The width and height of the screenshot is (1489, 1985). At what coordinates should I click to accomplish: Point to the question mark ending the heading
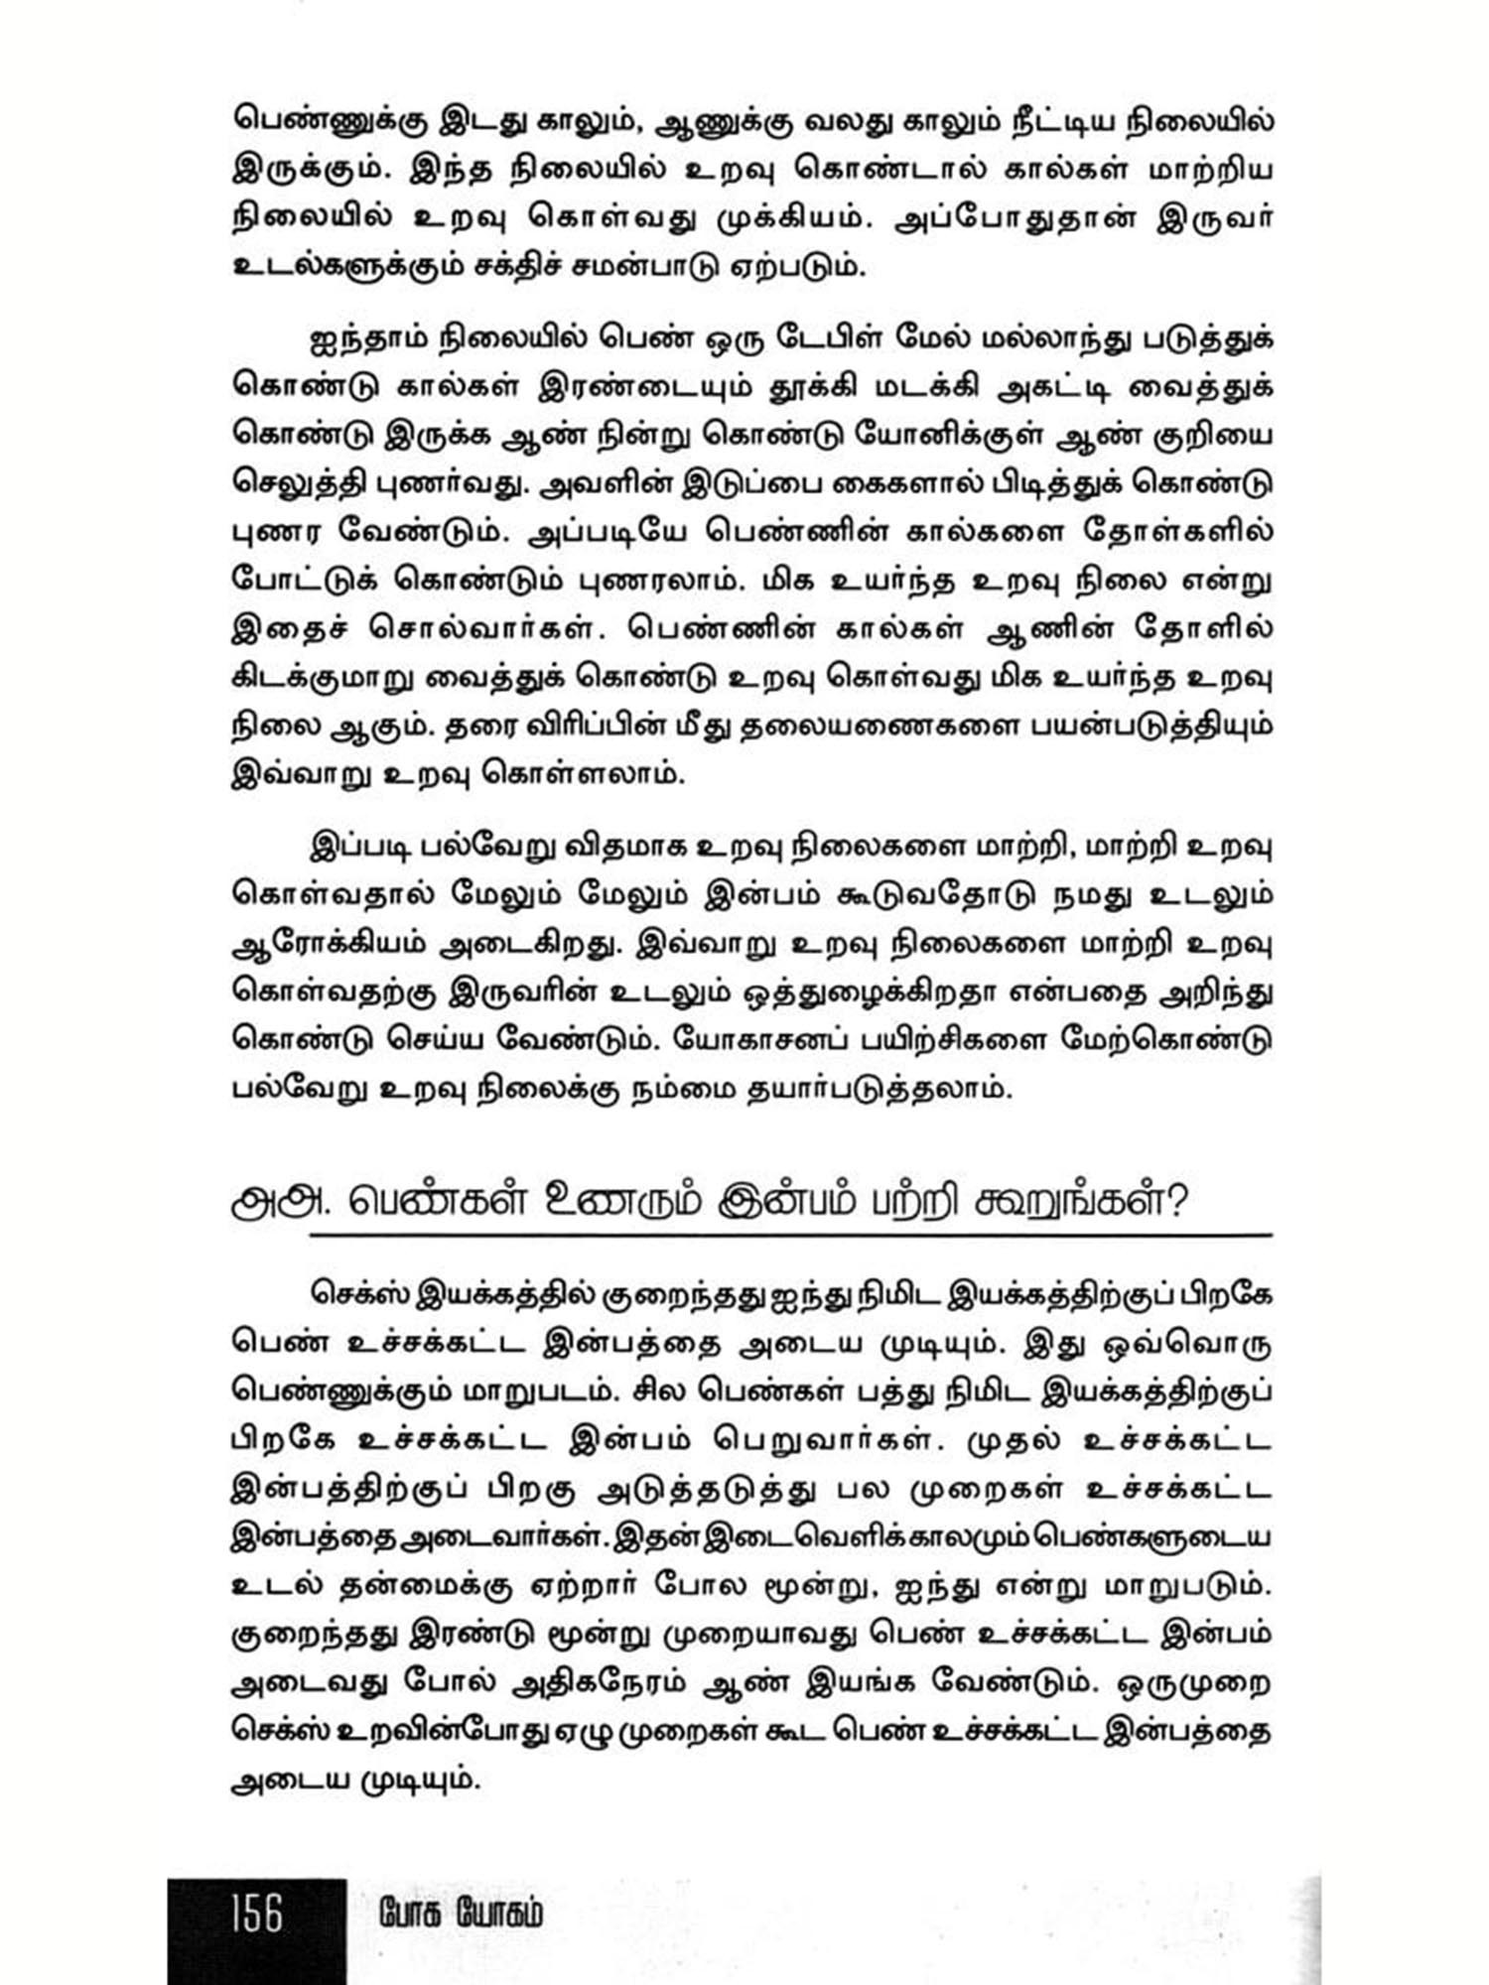pos(1177,1202)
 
